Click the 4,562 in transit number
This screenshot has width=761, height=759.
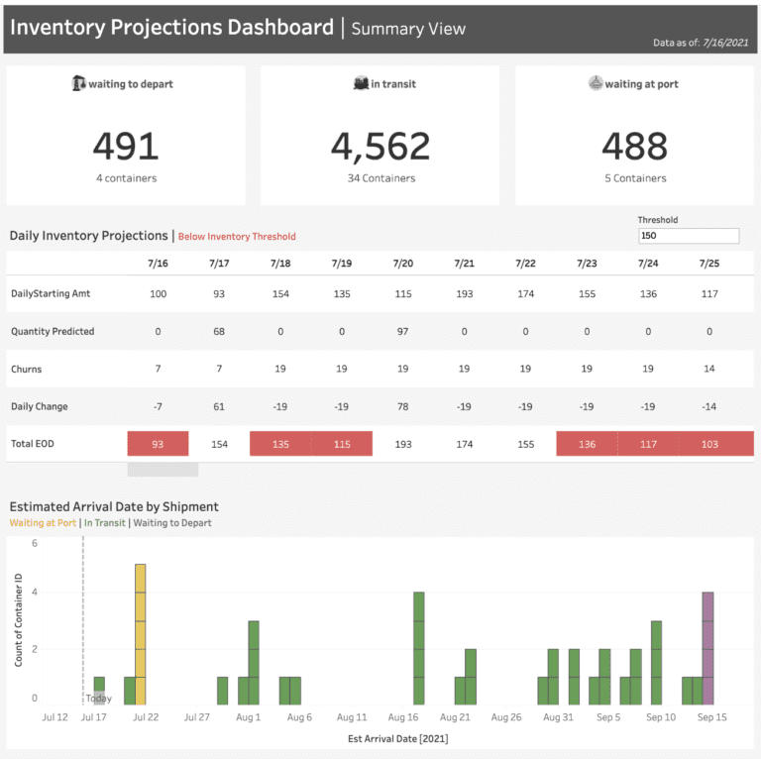click(x=380, y=146)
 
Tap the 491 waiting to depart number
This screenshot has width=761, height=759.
click(x=126, y=146)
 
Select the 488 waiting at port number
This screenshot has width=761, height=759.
click(x=634, y=146)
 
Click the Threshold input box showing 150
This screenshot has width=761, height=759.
click(x=689, y=236)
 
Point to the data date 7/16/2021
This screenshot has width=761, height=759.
click(x=725, y=43)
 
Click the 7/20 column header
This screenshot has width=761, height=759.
click(x=402, y=264)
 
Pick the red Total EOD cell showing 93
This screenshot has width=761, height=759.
click(x=158, y=444)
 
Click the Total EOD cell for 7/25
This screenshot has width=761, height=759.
click(x=708, y=444)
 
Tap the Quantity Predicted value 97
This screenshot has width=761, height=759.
click(x=402, y=331)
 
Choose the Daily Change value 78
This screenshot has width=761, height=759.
click(x=402, y=406)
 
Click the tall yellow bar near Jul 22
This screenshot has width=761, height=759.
click(x=141, y=634)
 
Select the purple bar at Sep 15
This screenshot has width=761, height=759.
click(x=707, y=648)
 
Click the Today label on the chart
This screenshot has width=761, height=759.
click(x=99, y=699)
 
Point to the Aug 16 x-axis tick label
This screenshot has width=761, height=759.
click(x=403, y=716)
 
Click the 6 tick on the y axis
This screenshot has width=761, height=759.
click(x=34, y=543)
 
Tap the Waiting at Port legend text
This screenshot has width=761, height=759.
click(x=43, y=523)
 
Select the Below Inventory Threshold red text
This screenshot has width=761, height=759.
click(x=238, y=237)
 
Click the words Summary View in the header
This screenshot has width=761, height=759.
click(x=408, y=28)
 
